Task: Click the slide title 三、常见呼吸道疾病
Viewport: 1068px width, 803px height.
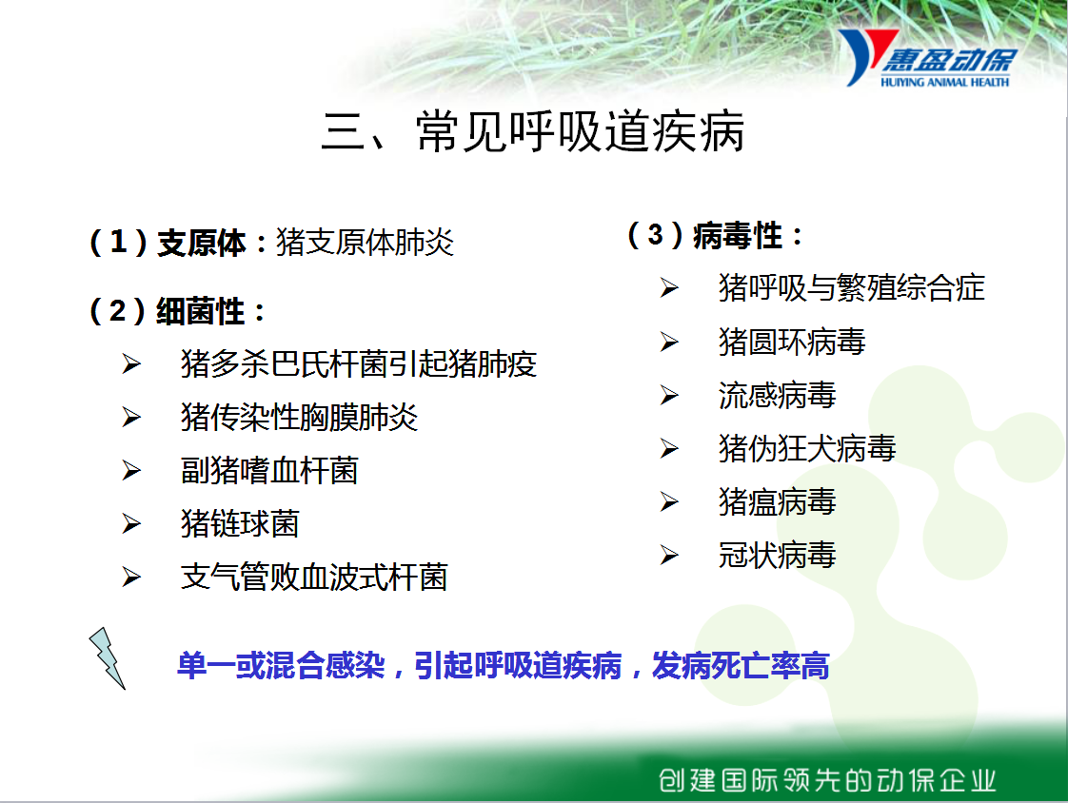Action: click(x=533, y=131)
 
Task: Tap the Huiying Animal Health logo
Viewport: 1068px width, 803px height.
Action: click(x=928, y=59)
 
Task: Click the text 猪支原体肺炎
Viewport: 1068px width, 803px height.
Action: click(x=366, y=243)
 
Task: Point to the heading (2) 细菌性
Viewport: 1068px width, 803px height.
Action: click(x=177, y=311)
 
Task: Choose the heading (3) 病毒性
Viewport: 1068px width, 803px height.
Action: click(x=715, y=236)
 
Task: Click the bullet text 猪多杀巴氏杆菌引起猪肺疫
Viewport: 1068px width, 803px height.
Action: click(x=359, y=363)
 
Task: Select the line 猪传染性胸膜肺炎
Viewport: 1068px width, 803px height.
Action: click(x=299, y=417)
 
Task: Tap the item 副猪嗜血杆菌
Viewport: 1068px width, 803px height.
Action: click(x=269, y=471)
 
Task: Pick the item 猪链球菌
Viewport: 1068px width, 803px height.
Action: click(x=240, y=523)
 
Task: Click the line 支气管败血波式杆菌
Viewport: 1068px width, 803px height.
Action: click(x=314, y=577)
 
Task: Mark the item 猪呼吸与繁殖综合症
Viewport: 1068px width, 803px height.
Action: click(x=851, y=287)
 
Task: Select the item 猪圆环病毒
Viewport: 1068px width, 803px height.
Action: click(x=792, y=342)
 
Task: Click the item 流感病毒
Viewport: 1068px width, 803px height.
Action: click(x=777, y=395)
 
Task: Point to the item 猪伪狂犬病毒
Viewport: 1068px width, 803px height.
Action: click(x=807, y=448)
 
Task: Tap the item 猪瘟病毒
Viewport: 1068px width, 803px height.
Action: click(x=777, y=502)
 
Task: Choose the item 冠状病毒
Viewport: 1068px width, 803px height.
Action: click(x=777, y=555)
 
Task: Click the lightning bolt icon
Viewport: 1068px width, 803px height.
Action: click(x=107, y=657)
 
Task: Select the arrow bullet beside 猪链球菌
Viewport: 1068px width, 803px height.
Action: click(x=131, y=523)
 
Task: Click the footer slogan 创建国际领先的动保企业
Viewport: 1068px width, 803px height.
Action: click(x=827, y=780)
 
